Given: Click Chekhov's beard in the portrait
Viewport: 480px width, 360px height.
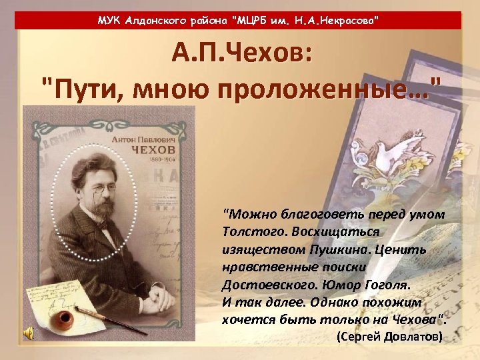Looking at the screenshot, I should (x=104, y=213).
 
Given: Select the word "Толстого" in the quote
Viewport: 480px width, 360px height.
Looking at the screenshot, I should (x=250, y=231).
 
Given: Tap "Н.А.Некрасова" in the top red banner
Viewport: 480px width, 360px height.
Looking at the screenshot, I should (x=341, y=21).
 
